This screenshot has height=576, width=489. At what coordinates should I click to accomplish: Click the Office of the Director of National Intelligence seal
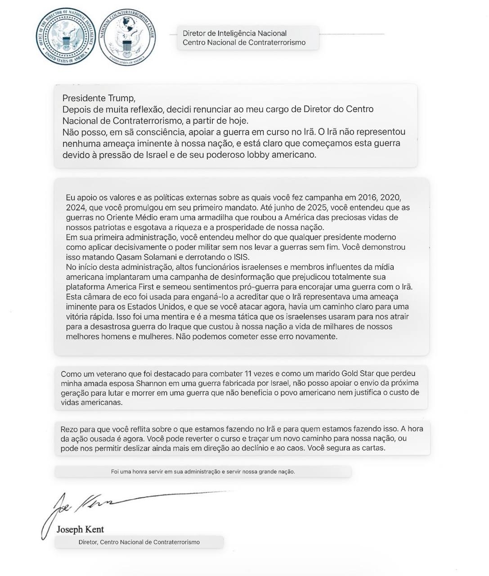tap(66, 37)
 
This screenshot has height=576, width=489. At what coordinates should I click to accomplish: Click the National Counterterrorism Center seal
tap(127, 37)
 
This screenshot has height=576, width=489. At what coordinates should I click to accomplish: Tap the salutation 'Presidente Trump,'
tap(99, 98)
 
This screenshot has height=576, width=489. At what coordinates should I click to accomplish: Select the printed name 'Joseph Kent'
tap(80, 529)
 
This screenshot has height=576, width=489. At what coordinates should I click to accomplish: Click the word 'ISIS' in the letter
tap(228, 257)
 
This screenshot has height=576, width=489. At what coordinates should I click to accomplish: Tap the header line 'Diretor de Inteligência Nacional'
tap(234, 33)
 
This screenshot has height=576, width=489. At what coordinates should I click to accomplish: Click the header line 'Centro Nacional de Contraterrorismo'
tap(244, 43)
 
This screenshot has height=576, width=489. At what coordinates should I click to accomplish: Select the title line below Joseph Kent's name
tap(139, 542)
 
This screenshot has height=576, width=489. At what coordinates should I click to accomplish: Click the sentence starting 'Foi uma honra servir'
tap(203, 472)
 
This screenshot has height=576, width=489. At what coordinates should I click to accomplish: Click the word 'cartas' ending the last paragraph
tap(372, 448)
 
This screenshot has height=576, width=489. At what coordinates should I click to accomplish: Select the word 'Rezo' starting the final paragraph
tap(69, 429)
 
